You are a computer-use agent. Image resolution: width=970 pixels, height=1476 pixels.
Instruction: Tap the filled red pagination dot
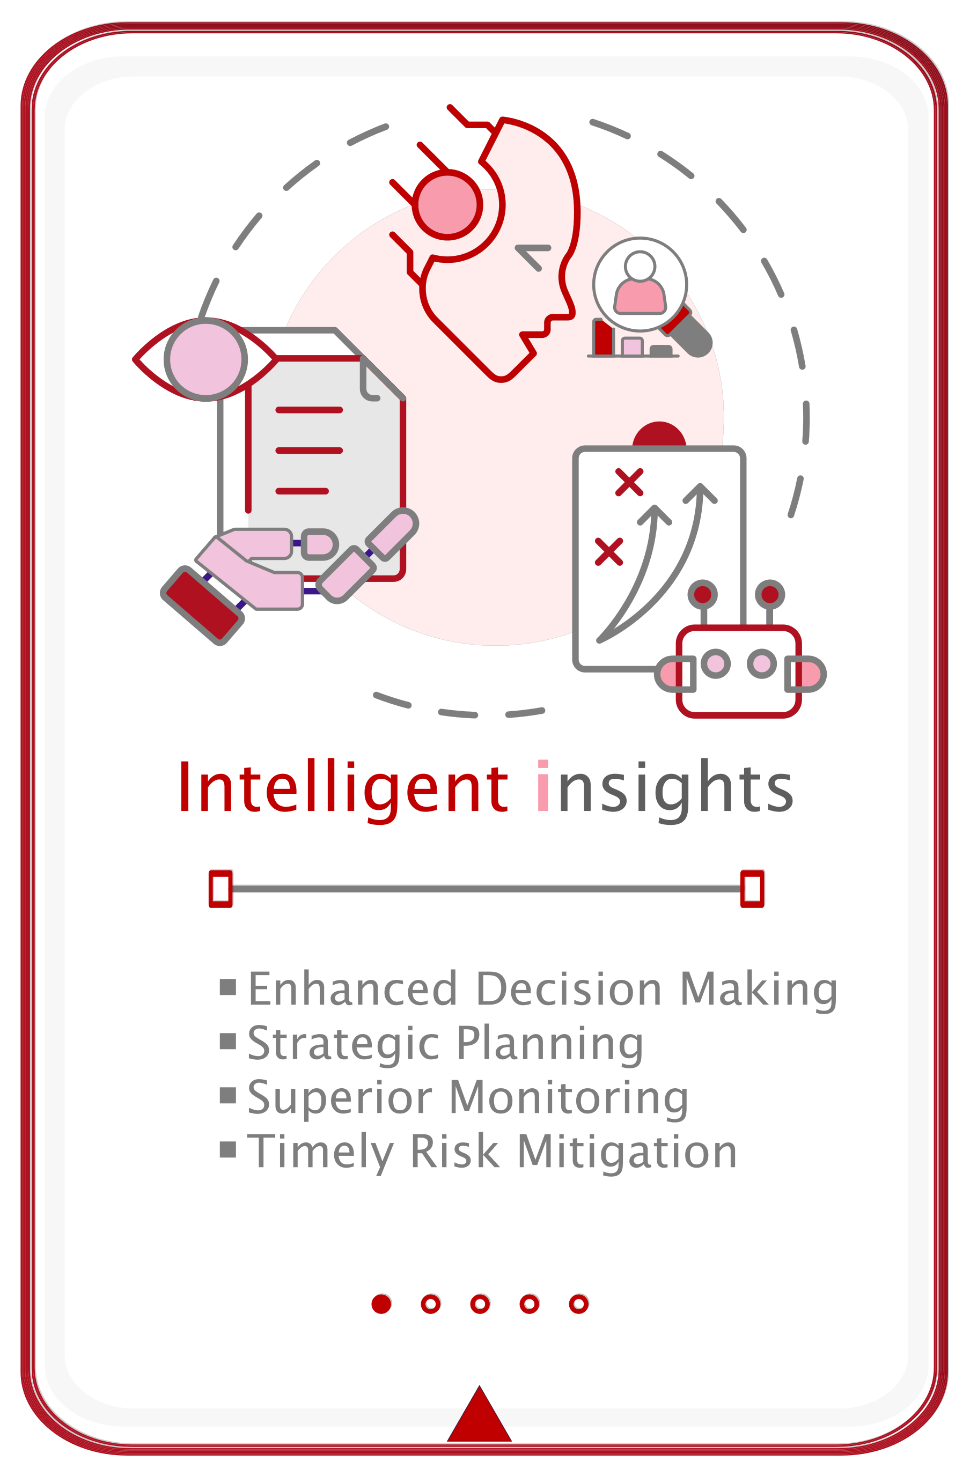tap(381, 1304)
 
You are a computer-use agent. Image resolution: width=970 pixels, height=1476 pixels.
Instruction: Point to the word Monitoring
tap(568, 1099)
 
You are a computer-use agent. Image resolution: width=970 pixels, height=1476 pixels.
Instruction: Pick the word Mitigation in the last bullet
tap(627, 1152)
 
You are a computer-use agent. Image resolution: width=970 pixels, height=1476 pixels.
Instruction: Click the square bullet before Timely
tap(227, 1150)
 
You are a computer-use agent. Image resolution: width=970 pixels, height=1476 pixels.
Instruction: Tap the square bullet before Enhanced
tap(227, 987)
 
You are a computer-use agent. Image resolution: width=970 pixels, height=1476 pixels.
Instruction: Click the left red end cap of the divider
tap(221, 888)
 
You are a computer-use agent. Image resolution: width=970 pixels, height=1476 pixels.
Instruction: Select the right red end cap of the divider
tap(752, 888)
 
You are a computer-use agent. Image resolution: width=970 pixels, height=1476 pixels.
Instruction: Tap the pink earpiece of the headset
tap(447, 205)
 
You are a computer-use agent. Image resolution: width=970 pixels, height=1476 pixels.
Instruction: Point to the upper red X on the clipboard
tap(629, 482)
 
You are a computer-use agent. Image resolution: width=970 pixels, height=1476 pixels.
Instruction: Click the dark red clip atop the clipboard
tap(659, 435)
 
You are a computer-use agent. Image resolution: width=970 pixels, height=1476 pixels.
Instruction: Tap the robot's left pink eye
tap(716, 664)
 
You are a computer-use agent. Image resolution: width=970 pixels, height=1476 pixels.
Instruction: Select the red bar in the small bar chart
tap(603, 337)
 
